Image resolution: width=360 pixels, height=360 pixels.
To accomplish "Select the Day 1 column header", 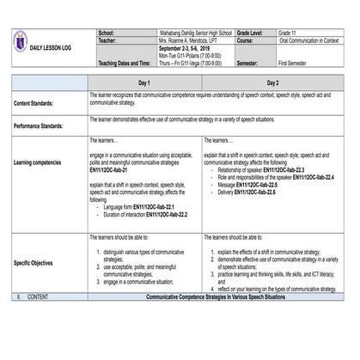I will point(144,82).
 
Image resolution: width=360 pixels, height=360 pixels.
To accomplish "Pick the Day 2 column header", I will point(272,82).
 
